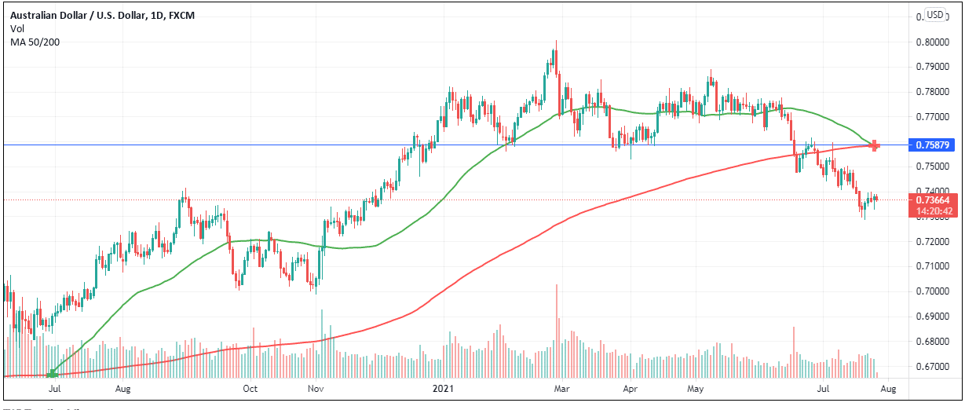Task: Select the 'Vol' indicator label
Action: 17,28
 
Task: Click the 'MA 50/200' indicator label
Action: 35,42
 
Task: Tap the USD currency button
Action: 934,15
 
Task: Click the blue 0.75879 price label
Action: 933,145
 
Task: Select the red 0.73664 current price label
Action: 933,200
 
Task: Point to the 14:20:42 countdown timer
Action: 933,210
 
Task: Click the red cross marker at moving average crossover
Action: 875,145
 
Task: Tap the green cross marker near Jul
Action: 53,374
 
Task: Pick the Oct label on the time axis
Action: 250,388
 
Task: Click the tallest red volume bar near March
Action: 557,330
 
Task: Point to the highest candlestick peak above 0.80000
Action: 556,42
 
